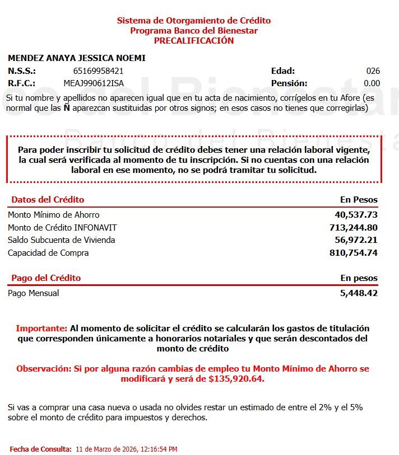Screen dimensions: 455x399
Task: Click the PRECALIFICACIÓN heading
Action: [194, 41]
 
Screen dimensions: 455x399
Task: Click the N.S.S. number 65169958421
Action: [98, 71]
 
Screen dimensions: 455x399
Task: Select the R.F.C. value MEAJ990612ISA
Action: [94, 83]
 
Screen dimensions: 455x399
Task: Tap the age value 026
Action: [373, 71]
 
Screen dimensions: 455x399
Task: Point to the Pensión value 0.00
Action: [372, 83]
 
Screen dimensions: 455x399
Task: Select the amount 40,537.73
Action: [356, 215]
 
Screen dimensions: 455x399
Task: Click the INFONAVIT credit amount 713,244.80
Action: [354, 228]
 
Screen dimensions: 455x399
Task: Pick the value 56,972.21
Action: [356, 240]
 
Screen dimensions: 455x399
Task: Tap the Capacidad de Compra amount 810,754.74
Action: [354, 253]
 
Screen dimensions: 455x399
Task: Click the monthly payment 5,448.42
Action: [359, 293]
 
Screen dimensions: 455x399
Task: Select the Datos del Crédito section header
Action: [48, 200]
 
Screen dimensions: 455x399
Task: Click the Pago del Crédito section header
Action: [46, 278]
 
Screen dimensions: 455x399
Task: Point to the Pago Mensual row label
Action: [33, 293]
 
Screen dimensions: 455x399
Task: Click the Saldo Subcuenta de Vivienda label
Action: [61, 240]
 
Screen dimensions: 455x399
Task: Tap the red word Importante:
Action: [41, 329]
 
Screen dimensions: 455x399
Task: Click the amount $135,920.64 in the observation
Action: [236, 379]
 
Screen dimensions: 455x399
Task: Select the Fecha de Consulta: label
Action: [40, 449]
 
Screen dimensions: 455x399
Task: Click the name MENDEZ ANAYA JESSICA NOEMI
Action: [77, 58]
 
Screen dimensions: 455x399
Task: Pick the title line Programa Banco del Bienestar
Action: [194, 31]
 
